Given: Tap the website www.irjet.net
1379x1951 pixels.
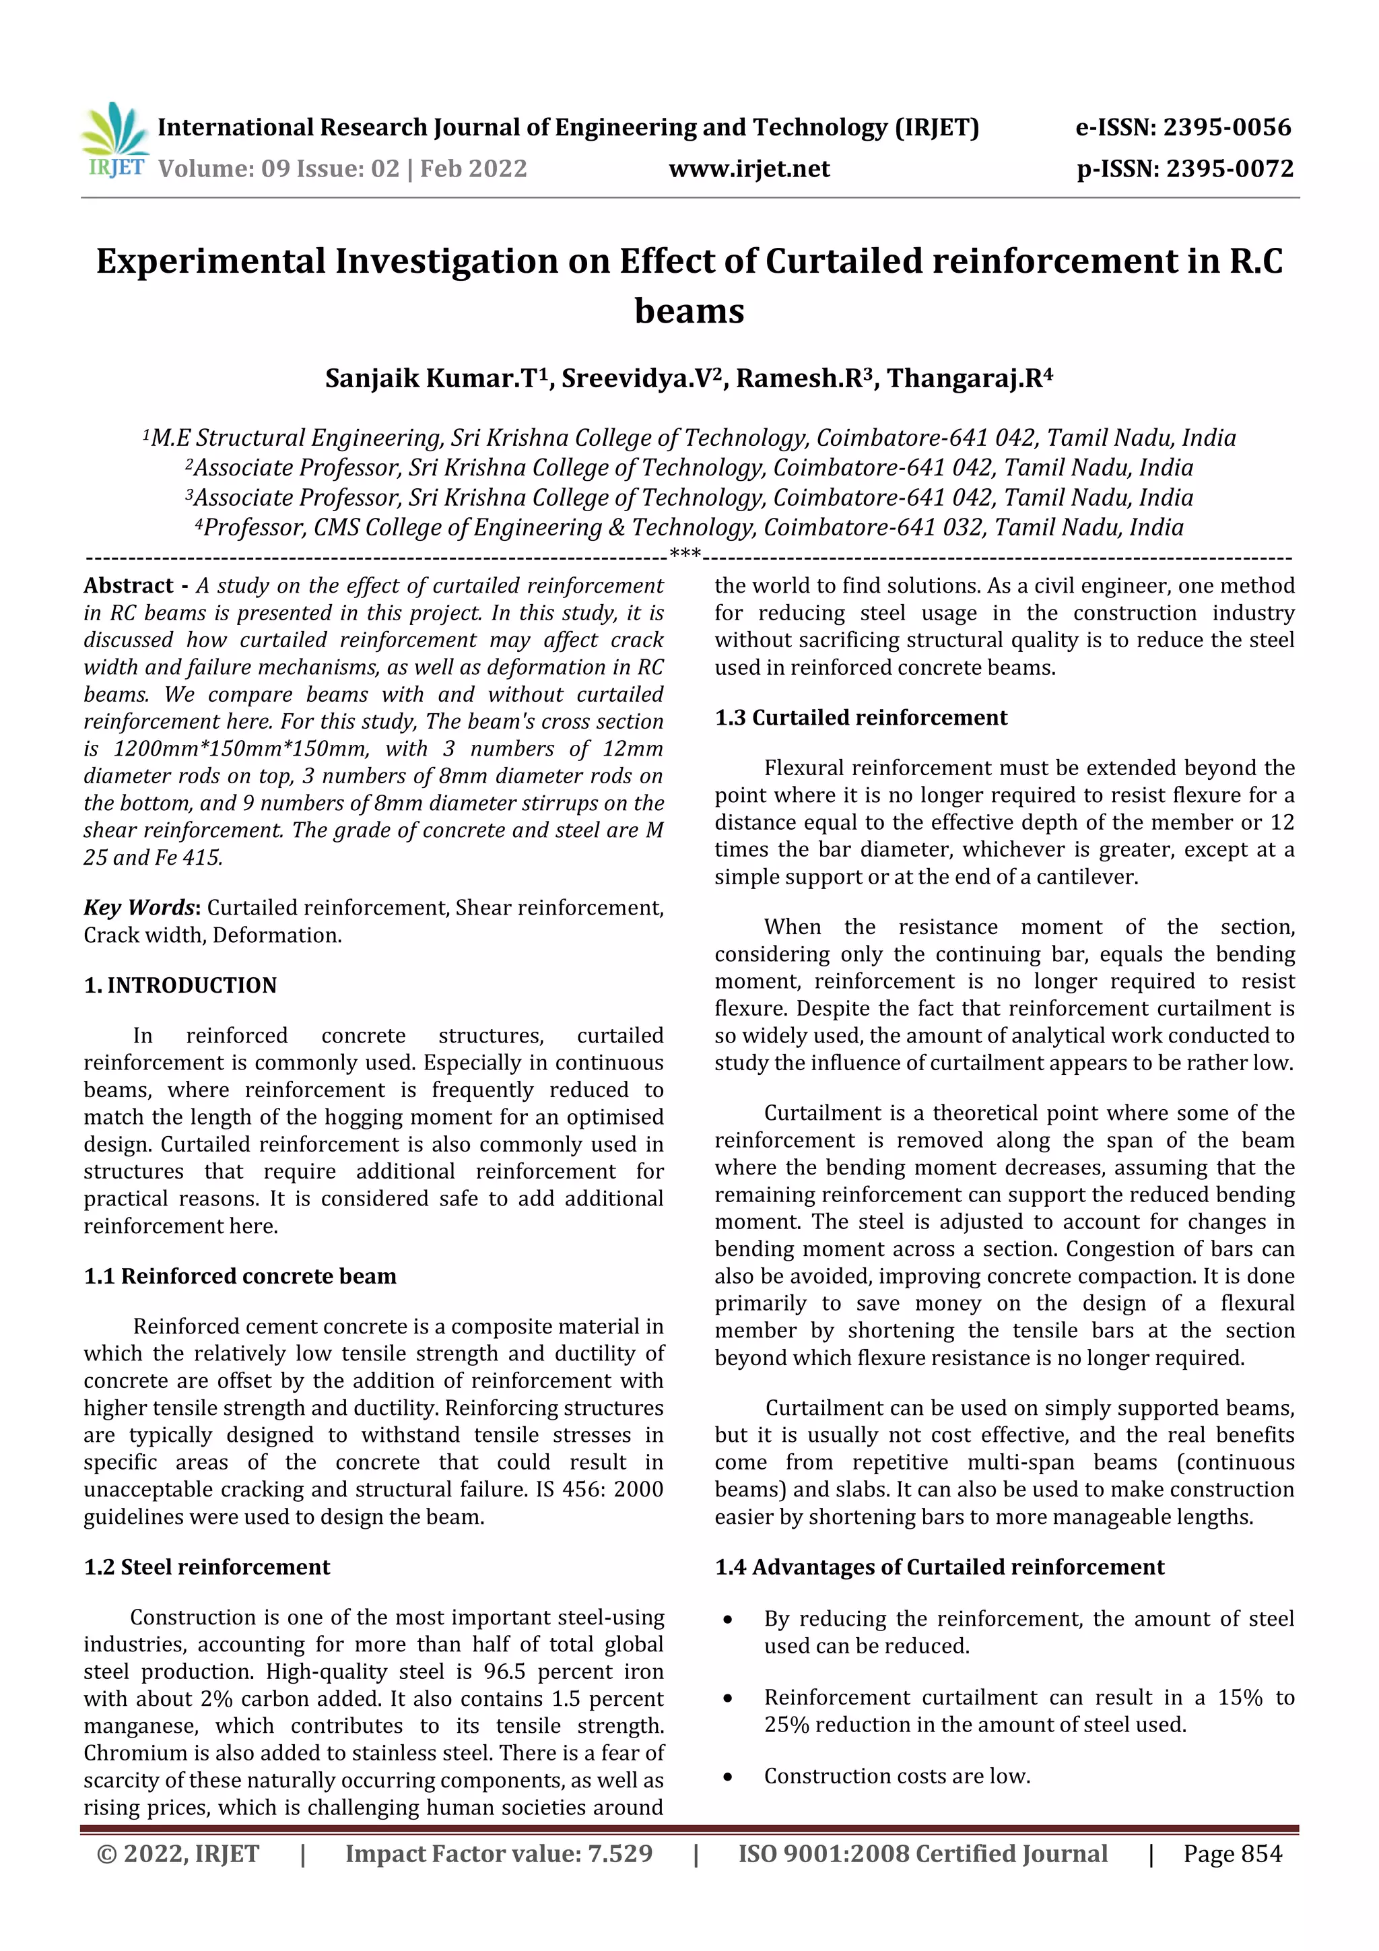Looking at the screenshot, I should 749,168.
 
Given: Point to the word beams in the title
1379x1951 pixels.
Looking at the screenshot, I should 689,311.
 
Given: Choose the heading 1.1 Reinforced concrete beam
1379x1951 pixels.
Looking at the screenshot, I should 240,1276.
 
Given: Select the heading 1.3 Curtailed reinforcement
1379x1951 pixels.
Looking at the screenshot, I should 861,717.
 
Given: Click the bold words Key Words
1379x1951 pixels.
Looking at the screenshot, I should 139,908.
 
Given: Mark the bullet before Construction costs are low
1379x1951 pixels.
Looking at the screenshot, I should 727,1777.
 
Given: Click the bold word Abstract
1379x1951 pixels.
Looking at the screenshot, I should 129,585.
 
